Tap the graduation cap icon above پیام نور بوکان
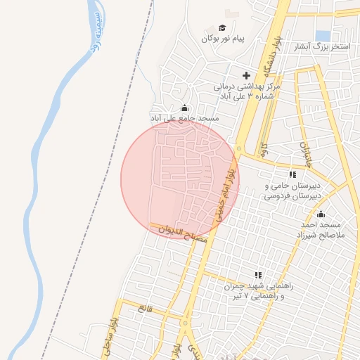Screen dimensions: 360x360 click(x=222, y=28)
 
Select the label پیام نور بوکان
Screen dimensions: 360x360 click(x=222, y=39)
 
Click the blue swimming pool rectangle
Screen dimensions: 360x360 click(x=323, y=35)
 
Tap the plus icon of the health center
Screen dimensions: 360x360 click(x=246, y=75)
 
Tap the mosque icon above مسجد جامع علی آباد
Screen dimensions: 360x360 click(x=184, y=108)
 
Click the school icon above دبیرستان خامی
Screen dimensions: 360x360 click(x=292, y=174)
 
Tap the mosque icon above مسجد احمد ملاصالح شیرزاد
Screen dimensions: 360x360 click(x=321, y=214)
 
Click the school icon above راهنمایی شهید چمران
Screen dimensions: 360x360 click(x=258, y=275)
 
